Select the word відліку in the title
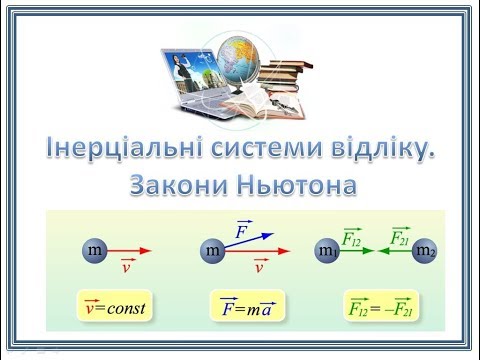(x=384, y=151)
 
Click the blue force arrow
(x=247, y=242)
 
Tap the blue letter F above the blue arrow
(x=240, y=229)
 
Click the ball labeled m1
(x=328, y=251)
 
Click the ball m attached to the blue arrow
(x=212, y=252)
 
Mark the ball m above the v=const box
(x=94, y=251)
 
